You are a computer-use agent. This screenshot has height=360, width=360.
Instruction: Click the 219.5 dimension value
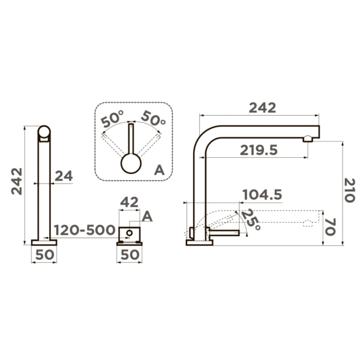point(259,151)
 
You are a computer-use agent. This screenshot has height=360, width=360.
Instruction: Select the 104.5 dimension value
point(262,194)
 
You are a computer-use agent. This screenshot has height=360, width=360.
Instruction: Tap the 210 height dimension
point(350,190)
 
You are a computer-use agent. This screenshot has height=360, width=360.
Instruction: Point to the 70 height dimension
point(331,227)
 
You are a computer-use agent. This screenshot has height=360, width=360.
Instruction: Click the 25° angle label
point(251,220)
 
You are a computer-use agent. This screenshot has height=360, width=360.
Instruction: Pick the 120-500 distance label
point(85,230)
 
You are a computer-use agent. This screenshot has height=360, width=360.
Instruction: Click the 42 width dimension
point(129,202)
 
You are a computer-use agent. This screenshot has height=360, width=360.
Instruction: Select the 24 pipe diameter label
point(64,176)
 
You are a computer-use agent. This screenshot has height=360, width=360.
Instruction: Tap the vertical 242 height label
point(17,181)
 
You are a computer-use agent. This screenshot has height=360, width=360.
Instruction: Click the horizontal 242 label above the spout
point(262,107)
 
